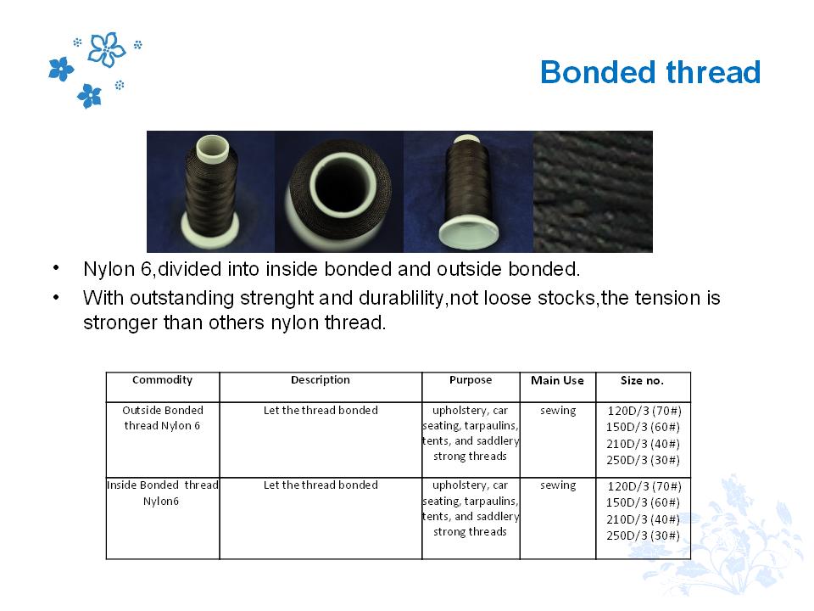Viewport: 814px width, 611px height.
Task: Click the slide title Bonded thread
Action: tap(650, 71)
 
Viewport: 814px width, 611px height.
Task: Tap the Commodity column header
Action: tap(163, 380)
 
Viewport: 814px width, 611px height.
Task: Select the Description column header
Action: tap(321, 380)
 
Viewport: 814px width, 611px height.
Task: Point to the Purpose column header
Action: tap(471, 380)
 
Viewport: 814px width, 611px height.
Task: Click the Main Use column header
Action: tap(557, 380)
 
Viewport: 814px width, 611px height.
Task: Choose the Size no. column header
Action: tap(642, 380)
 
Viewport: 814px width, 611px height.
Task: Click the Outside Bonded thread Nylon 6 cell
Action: tap(163, 418)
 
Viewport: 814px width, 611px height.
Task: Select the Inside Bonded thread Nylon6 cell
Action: tap(163, 492)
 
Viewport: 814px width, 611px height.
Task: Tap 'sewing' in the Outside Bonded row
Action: tap(558, 411)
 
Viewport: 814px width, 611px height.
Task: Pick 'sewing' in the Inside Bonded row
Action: tap(558, 485)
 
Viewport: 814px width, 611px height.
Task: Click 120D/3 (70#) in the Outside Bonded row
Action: tap(644, 411)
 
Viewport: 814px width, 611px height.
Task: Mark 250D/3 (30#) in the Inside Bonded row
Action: tap(644, 535)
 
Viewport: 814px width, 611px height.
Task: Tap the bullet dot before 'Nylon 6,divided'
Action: tap(56, 268)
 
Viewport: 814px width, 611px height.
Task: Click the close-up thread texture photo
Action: tap(593, 192)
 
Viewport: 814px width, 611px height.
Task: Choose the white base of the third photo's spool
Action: tap(468, 234)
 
